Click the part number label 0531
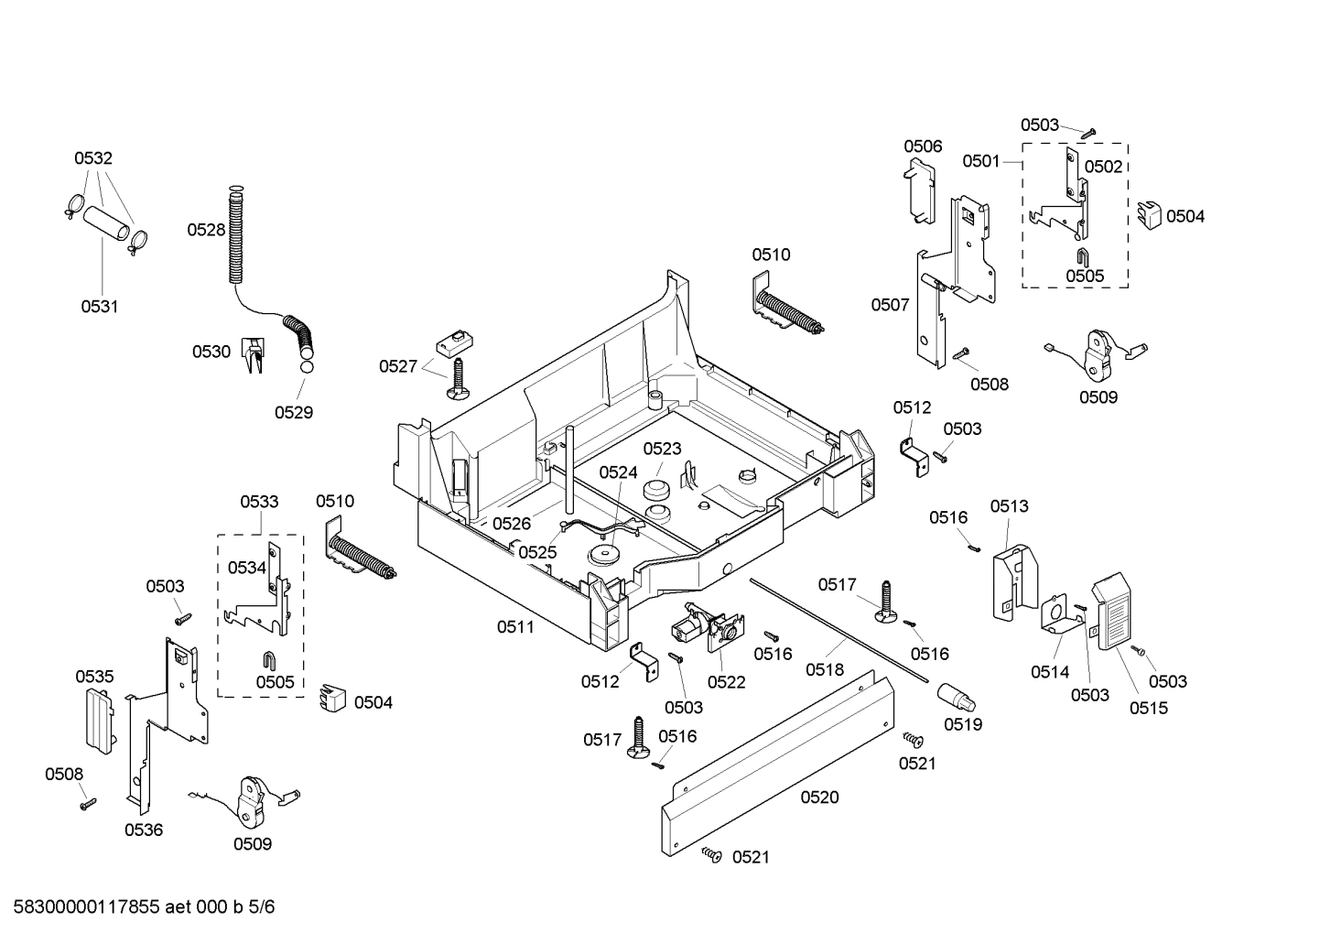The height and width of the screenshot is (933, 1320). coord(99,307)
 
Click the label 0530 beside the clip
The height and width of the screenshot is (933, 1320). coord(211,352)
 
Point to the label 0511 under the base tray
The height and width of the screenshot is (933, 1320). coord(515,627)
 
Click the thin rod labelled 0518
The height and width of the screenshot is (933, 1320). coord(842,632)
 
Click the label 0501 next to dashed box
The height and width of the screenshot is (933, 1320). coord(980,161)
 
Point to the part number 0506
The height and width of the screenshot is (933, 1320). coord(923,146)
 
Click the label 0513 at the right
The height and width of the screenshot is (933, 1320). coord(1009,506)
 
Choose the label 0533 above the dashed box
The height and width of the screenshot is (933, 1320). coord(259,502)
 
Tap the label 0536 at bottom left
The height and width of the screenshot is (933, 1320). coord(144,830)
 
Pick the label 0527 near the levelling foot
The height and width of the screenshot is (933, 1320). coord(398,366)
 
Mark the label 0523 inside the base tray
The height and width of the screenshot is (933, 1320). coord(662,449)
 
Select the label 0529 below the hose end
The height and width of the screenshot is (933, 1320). coord(294,412)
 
